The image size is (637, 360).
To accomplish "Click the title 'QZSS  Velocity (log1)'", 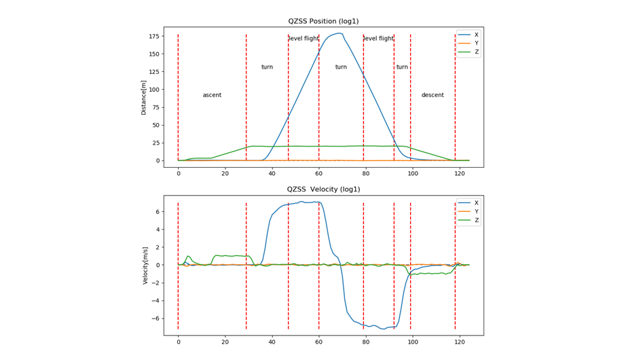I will point(324,190).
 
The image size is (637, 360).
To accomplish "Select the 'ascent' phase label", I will point(212,95).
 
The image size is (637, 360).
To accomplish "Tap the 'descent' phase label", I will point(433,95).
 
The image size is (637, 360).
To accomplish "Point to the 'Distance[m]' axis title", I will point(143,97).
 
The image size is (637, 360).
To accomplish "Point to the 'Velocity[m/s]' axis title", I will point(145,265).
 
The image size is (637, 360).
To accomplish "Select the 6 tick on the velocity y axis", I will point(157,212).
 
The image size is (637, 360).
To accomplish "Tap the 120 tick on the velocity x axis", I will point(459,342).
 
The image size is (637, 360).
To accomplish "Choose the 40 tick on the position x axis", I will point(272,174).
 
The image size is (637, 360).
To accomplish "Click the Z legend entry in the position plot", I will point(476,52).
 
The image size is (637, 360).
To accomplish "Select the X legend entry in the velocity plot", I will point(476,203).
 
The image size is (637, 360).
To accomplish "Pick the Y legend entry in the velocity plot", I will point(476,212).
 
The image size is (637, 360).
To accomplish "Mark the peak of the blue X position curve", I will point(340,33).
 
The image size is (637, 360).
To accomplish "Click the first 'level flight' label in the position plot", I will point(304,39).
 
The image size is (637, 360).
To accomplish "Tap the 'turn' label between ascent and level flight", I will point(267,67).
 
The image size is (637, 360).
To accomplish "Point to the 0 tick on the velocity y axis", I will point(157,265).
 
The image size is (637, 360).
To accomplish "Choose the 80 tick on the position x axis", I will point(365,174).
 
